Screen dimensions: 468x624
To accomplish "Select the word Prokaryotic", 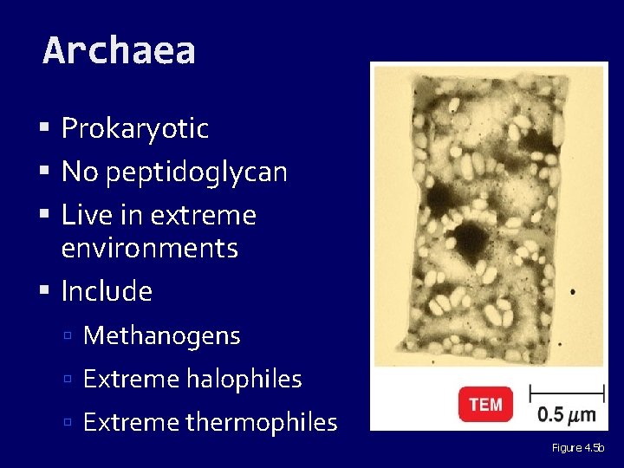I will (x=135, y=128).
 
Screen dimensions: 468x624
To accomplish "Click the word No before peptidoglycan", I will (x=80, y=172).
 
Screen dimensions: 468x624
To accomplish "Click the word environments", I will (x=149, y=248).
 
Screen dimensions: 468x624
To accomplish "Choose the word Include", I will (x=107, y=291).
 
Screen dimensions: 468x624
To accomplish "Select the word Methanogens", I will (x=162, y=335).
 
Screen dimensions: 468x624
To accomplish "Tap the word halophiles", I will (x=246, y=379).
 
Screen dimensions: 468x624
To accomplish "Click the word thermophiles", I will (x=261, y=422).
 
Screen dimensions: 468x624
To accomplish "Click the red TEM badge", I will (x=485, y=405).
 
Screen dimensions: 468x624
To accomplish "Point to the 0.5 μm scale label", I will (x=567, y=413).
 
